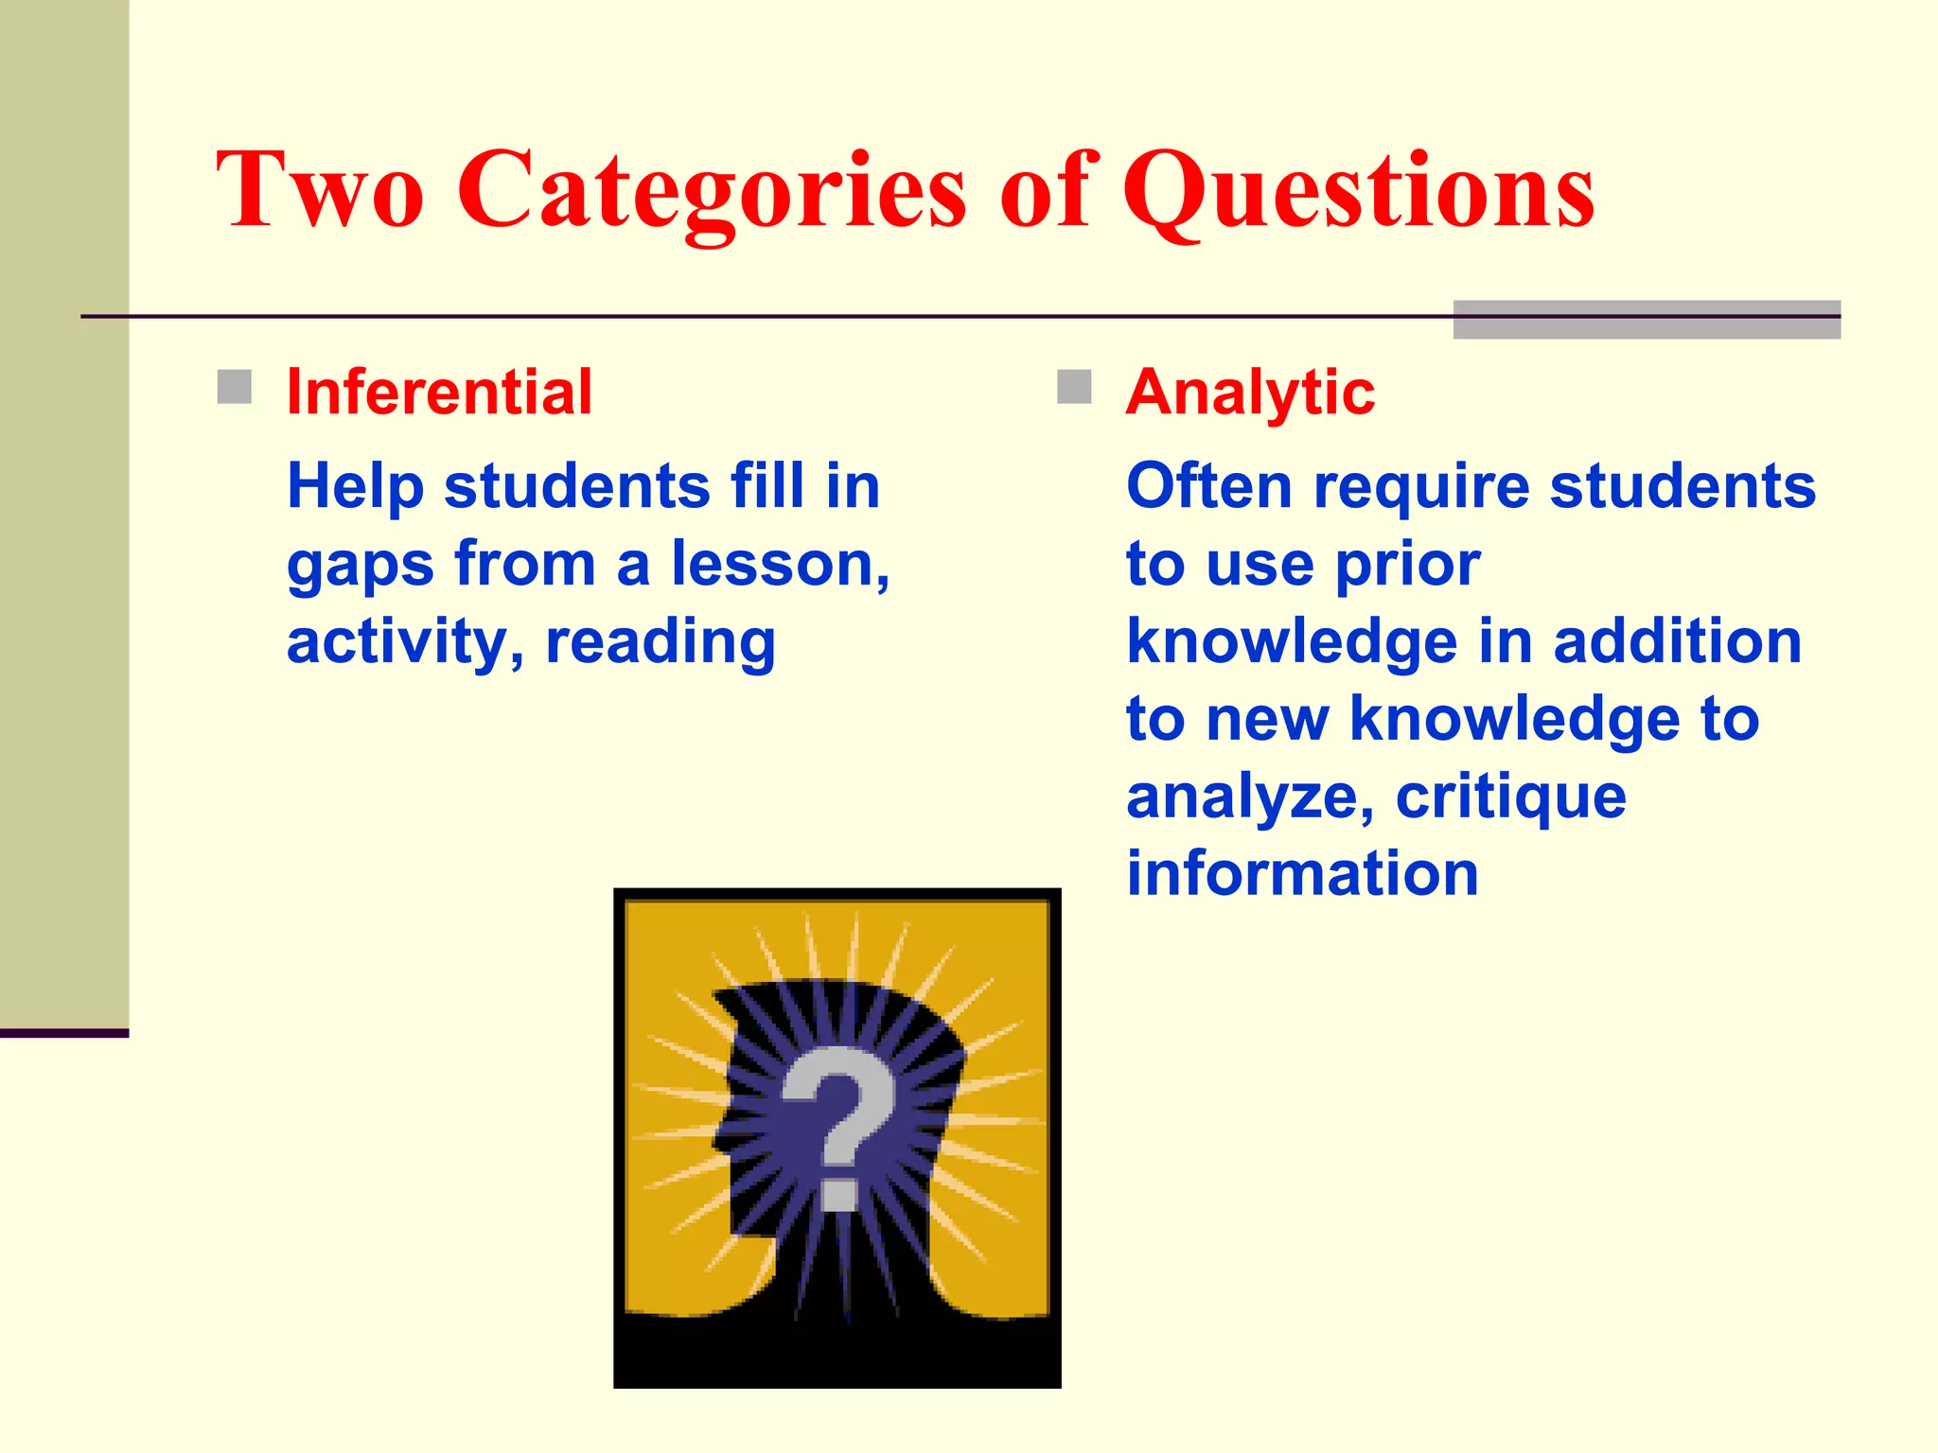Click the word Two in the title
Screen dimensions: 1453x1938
319,191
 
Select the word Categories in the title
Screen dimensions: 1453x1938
712,191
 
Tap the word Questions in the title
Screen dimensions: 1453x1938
1358,191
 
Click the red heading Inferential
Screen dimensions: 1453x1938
439,392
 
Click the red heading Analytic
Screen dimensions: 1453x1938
1250,392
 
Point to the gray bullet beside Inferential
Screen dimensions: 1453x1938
235,387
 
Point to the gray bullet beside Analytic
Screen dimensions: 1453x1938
1074,387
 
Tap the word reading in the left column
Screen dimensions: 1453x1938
661,641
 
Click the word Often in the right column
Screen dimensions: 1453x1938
1208,486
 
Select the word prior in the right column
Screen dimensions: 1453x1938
1406,566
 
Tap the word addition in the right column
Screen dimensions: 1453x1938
1677,641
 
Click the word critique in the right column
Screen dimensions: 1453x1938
1510,798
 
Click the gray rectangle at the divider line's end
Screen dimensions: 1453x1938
1646,320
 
